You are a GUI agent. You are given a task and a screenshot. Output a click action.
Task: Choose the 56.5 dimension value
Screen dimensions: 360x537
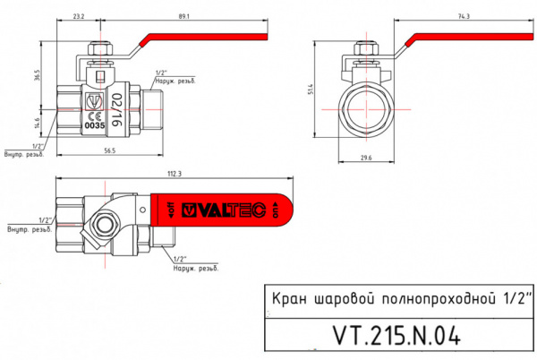click(x=109, y=151)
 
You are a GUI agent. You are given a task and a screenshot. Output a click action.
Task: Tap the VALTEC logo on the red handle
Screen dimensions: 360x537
click(x=224, y=211)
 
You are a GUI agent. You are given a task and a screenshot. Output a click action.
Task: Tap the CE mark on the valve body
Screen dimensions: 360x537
click(x=94, y=116)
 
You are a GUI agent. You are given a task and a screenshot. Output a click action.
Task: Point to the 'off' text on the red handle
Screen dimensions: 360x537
click(x=163, y=211)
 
